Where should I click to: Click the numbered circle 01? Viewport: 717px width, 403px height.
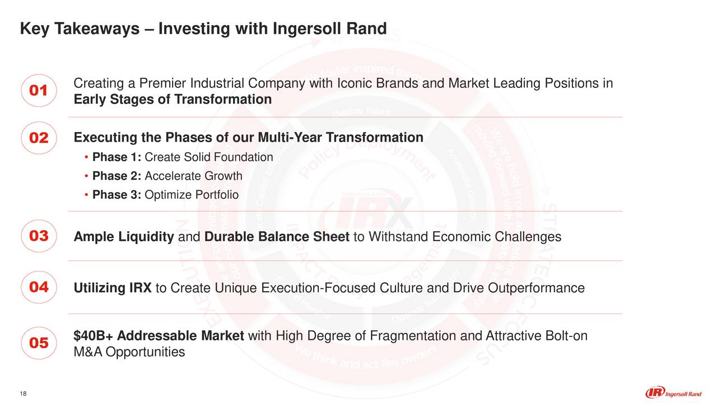[38, 91]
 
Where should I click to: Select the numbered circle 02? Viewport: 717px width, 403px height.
[38, 138]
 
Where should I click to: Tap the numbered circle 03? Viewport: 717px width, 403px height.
[38, 236]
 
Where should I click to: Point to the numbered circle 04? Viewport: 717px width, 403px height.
[38, 288]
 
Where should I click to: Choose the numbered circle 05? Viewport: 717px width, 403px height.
[38, 343]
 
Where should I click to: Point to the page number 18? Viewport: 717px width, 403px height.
[23, 393]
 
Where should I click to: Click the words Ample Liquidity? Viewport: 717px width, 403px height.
[124, 237]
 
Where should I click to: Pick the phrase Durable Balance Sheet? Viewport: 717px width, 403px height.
[277, 237]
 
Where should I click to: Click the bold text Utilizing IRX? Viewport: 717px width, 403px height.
[113, 288]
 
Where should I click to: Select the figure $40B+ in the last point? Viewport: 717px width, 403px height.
[94, 336]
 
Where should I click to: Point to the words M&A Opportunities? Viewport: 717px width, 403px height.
[129, 352]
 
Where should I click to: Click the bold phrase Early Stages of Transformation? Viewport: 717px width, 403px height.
[173, 100]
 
